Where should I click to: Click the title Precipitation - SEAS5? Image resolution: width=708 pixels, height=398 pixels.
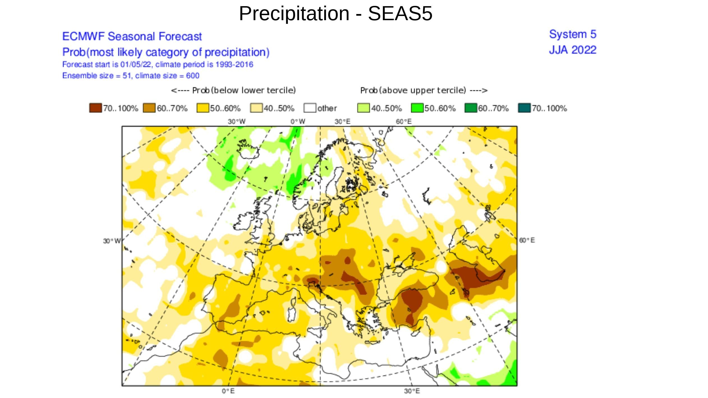click(335, 13)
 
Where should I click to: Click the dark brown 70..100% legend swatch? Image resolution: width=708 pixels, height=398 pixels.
click(95, 108)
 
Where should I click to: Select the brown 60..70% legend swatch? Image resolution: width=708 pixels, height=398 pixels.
click(149, 108)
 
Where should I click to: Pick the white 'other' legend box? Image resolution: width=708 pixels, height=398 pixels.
click(310, 108)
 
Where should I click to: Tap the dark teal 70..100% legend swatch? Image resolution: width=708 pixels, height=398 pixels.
click(524, 108)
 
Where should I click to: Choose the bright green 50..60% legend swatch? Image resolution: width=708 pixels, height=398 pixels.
click(417, 108)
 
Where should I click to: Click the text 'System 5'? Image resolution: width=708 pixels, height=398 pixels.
click(573, 34)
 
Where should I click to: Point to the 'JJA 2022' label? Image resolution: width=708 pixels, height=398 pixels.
click(573, 50)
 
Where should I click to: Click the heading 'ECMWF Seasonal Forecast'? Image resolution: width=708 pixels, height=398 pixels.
click(132, 36)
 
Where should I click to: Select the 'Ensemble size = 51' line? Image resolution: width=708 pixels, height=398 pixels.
click(131, 76)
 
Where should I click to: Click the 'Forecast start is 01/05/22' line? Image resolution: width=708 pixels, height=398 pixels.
click(158, 64)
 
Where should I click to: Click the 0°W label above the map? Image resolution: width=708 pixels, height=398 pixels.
click(298, 122)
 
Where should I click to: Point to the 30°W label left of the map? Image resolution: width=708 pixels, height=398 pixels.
click(111, 241)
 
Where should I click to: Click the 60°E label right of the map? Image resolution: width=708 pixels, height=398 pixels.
click(527, 240)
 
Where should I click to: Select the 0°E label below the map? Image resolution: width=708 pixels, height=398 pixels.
click(228, 391)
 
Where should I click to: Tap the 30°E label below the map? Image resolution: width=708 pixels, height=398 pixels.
click(412, 391)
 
